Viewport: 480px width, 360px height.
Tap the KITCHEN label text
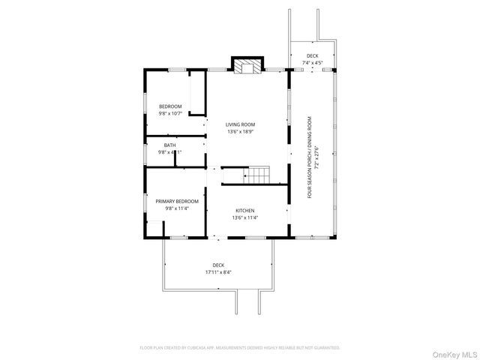pyautogui.click(x=245, y=211)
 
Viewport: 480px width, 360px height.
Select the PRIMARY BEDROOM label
pyautogui.click(x=177, y=201)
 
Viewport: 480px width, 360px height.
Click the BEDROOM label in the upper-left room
pyautogui.click(x=170, y=106)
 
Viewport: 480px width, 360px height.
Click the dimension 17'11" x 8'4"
pyautogui.click(x=218, y=272)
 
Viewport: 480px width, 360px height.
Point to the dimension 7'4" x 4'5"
pyautogui.click(x=312, y=62)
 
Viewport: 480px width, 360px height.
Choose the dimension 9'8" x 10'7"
pyautogui.click(x=170, y=114)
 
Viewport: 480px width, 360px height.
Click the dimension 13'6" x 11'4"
pyautogui.click(x=245, y=218)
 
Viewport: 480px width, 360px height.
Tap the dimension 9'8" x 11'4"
pyautogui.click(x=177, y=209)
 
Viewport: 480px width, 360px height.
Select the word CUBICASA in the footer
pyautogui.click(x=196, y=348)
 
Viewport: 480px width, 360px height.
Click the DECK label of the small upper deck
pyautogui.click(x=312, y=55)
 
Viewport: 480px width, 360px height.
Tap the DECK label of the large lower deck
pyautogui.click(x=218, y=265)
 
